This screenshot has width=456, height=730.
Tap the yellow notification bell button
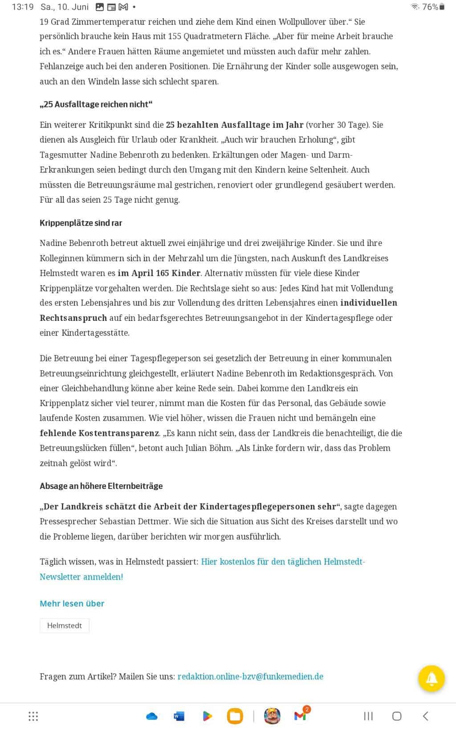pos(431,678)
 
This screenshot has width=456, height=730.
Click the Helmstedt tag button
pos(65,626)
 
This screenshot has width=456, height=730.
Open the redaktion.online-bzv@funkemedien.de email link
pos(250,677)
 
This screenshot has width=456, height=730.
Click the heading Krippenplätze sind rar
pos(81,223)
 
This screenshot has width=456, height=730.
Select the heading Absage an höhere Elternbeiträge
pos(101,486)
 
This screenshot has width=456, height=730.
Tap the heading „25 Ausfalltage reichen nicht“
pos(96,104)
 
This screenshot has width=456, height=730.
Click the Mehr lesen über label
pos(72,603)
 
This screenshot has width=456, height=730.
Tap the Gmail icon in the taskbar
pos(301,716)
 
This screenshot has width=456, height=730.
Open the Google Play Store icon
pos(207,716)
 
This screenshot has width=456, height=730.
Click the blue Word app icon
pos(179,716)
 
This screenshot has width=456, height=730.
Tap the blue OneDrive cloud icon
pos(151,716)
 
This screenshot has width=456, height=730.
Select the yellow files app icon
pos(235,716)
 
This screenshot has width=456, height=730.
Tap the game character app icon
pos(272,716)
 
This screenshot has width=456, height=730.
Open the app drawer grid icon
pos(33,716)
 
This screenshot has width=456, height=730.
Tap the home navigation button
pos(396,716)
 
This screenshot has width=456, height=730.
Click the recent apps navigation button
pos(368,716)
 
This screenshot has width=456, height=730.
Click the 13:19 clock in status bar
pos(22,7)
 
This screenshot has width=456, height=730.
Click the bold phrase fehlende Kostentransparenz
pos(99,433)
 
